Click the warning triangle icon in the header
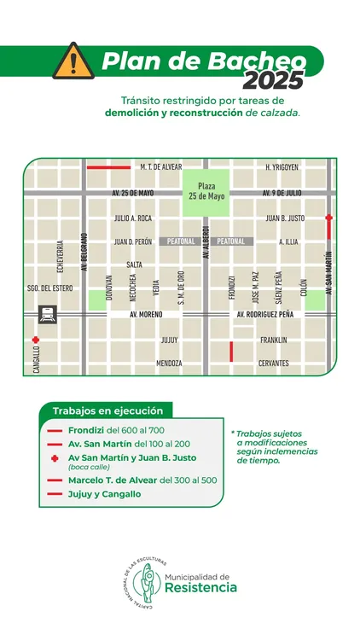[72, 61]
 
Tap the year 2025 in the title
[272, 81]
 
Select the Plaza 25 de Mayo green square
[205, 190]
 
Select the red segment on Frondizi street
[231, 351]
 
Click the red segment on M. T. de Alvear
[108, 167]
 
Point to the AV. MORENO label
[146, 316]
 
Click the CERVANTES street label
[274, 364]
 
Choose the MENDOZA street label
[169, 364]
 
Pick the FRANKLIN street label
[274, 340]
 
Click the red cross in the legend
[55, 458]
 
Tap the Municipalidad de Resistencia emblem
[141, 587]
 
